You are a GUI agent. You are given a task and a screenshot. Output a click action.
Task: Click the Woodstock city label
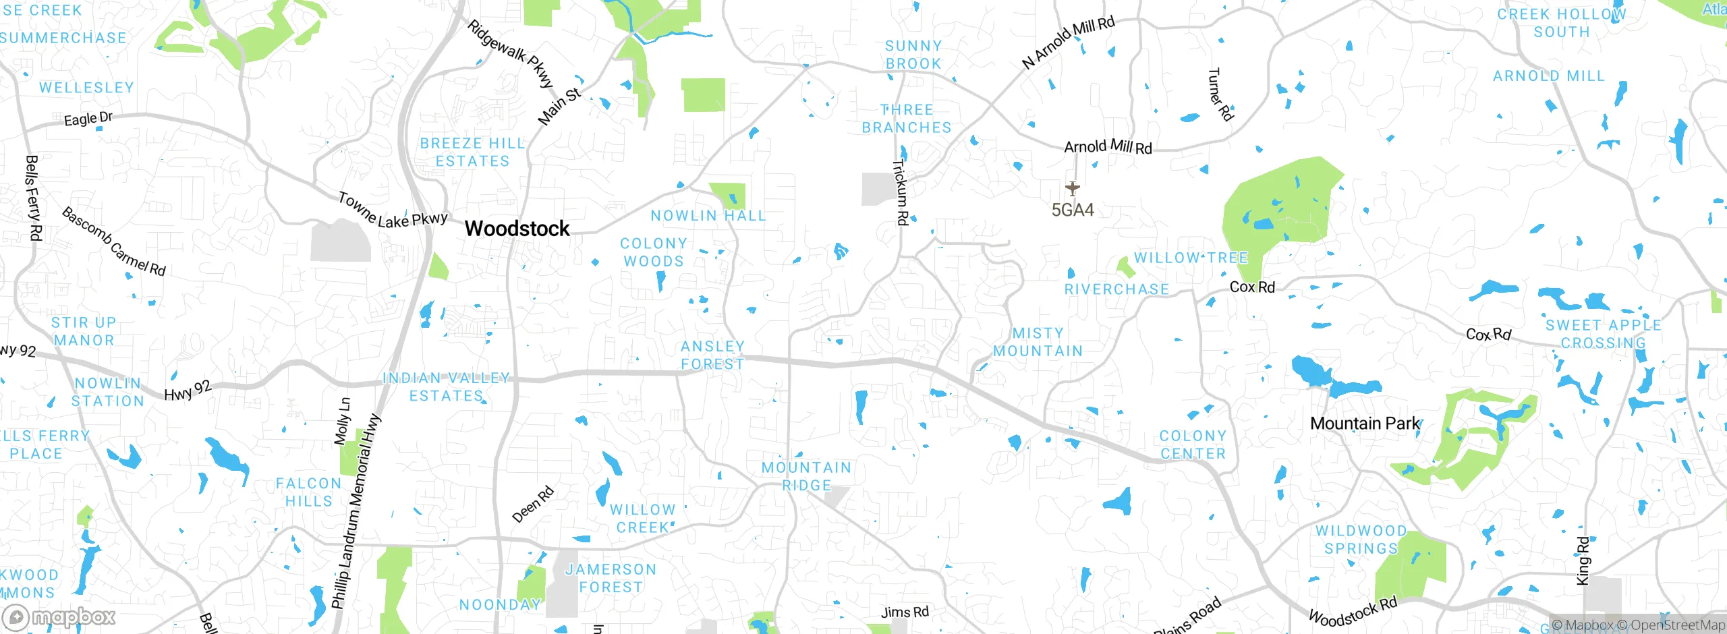tap(517, 229)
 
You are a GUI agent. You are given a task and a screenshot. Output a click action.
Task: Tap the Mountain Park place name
tap(1365, 424)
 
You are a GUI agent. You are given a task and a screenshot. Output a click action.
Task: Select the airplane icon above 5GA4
tap(1072, 188)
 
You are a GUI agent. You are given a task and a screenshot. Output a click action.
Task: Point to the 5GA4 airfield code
tap(1073, 210)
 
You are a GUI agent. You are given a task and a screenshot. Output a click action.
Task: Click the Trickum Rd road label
tap(901, 192)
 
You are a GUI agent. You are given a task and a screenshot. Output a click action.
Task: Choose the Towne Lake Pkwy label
tap(392, 211)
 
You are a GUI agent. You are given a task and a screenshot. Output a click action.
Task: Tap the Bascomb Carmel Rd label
tap(113, 242)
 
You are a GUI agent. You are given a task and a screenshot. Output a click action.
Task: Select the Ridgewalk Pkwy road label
tap(510, 54)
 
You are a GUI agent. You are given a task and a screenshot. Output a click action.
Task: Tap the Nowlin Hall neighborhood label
tap(708, 216)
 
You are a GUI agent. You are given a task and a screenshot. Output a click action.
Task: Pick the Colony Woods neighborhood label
tap(653, 252)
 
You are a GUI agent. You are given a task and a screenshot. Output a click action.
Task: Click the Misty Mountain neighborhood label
tap(1038, 342)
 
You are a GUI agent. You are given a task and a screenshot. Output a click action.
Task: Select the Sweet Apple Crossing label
tap(1603, 334)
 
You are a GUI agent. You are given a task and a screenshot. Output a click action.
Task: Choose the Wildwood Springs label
tap(1361, 540)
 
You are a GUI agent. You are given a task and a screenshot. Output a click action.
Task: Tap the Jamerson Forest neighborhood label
tap(611, 578)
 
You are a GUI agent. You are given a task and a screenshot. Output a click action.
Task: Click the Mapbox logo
tap(59, 616)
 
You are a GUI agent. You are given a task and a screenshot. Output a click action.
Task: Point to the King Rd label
tap(1583, 560)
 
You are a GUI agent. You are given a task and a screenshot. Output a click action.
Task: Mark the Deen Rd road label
tap(533, 504)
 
